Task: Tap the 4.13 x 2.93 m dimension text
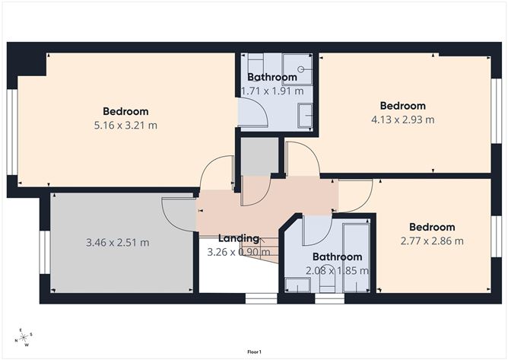coord(402,119)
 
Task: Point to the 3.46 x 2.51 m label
coord(117,243)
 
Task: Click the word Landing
coord(239,238)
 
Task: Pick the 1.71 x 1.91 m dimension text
coord(271,91)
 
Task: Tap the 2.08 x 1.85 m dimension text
coord(337,270)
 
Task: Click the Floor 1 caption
coord(254,352)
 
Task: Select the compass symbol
coord(24,337)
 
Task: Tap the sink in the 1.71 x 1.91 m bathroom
coord(304,115)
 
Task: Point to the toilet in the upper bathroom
coord(255,62)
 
